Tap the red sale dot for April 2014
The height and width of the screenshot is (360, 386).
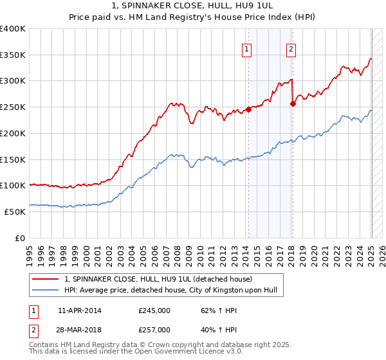(x=248, y=109)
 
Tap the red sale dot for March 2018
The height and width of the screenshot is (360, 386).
(x=293, y=103)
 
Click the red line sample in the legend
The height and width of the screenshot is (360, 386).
(x=46, y=279)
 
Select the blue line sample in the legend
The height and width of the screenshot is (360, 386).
(x=46, y=290)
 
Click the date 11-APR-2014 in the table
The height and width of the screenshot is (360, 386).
(x=79, y=310)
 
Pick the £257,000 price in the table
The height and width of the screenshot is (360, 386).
(x=154, y=329)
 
